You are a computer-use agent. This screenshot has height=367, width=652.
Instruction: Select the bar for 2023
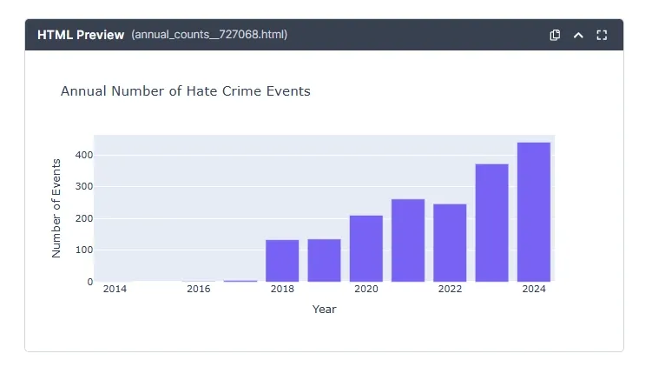point(491,223)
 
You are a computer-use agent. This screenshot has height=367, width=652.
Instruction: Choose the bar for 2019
point(324,260)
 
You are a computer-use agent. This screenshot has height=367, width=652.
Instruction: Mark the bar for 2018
point(282,260)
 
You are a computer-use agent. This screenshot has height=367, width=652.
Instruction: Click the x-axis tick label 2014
point(115,289)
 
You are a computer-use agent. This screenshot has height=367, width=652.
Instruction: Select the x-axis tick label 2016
point(199,289)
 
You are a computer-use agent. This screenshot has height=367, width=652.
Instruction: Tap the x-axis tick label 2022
point(450,289)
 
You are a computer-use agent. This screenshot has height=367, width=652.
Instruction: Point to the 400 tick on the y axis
point(83,155)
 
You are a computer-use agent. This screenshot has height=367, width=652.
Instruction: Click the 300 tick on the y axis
point(83,186)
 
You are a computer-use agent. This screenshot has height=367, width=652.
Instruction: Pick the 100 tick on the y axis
point(83,250)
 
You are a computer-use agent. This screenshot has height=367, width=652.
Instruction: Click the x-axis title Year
point(324,309)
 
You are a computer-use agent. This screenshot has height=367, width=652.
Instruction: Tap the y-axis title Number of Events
point(56,208)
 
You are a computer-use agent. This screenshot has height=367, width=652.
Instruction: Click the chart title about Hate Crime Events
point(185,90)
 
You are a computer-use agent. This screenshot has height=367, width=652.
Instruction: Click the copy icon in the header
point(555,35)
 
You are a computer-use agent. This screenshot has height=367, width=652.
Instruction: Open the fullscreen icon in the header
point(602,35)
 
